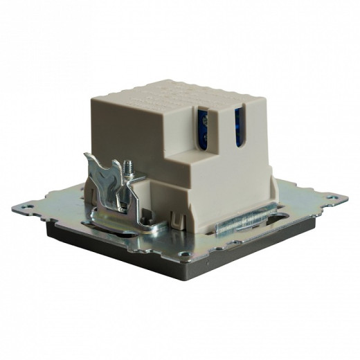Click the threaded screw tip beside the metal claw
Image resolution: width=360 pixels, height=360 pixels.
click(129, 167)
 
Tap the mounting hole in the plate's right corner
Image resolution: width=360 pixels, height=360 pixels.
click(335, 198)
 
